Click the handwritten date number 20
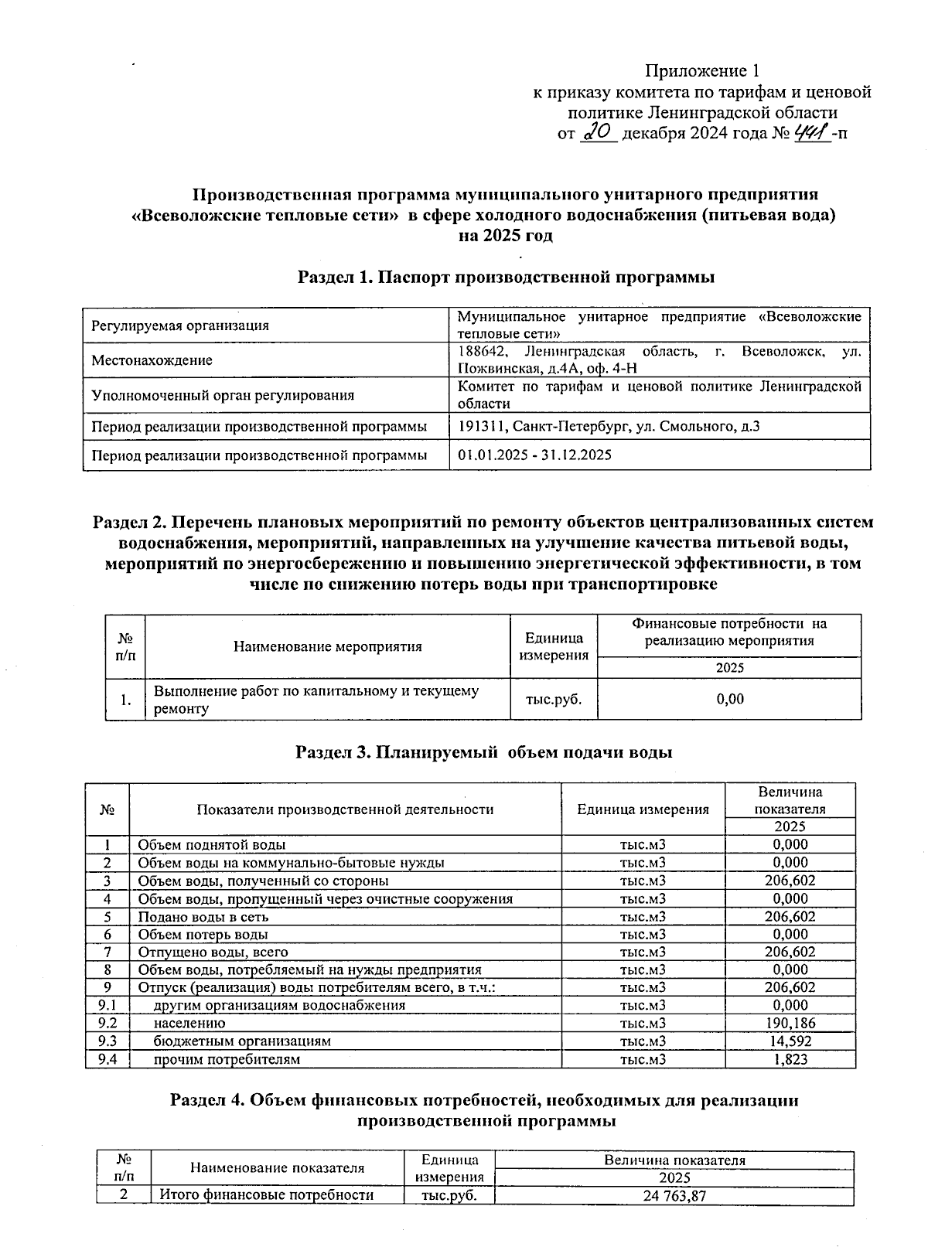point(597,133)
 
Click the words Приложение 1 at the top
point(702,71)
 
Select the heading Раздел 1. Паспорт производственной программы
point(506,277)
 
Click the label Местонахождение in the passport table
point(152,360)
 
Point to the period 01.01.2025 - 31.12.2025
point(534,455)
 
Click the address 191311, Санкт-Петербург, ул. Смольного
point(608,426)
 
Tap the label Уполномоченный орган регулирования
point(223,395)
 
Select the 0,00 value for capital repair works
point(729,699)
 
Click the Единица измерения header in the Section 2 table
point(554,646)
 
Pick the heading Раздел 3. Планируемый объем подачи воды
point(484,751)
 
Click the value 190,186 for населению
point(790,1023)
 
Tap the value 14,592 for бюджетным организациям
point(790,1041)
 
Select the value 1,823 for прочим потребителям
point(790,1059)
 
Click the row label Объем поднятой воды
point(211,844)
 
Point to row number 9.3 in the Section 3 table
point(107,1041)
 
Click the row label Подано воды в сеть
point(203,916)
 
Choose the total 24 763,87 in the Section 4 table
point(674,1196)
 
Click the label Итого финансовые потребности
point(266,1195)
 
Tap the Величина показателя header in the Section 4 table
point(674,1160)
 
